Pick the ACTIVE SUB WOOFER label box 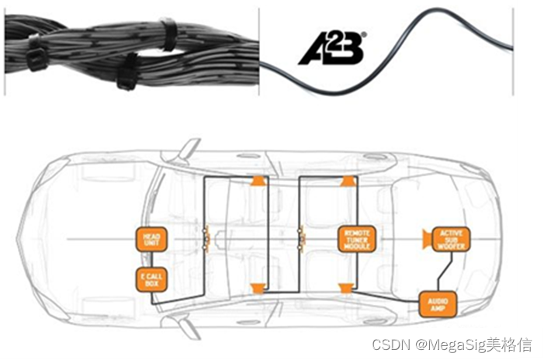[x=450, y=239]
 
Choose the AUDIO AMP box [x=435, y=303]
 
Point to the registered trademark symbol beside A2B [x=364, y=34]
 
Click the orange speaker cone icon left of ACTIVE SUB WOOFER [x=426, y=237]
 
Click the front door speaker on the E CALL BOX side [x=258, y=289]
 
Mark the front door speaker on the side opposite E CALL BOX [x=258, y=181]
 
